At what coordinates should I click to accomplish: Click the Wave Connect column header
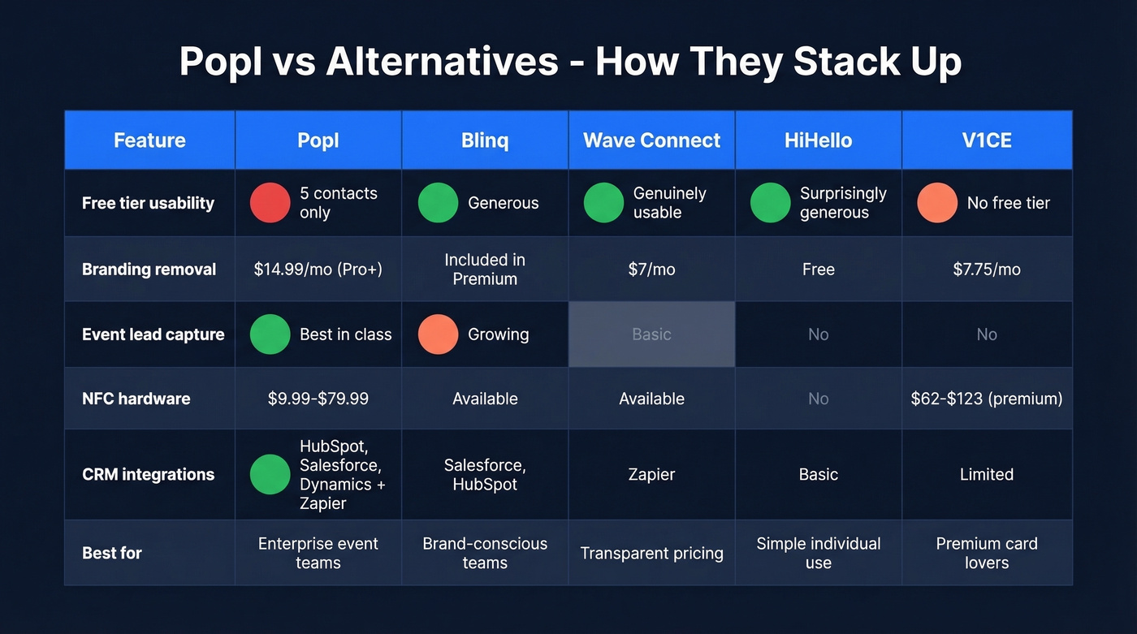pyautogui.click(x=651, y=140)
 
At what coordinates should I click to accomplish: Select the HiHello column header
pyautogui.click(x=818, y=140)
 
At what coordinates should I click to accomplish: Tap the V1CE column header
pyautogui.click(x=987, y=140)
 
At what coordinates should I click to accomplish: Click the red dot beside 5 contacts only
pyautogui.click(x=270, y=203)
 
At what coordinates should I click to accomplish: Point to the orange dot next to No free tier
pyautogui.click(x=937, y=203)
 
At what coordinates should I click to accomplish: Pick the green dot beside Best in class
pyautogui.click(x=270, y=334)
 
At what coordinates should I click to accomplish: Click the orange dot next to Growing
pyautogui.click(x=438, y=334)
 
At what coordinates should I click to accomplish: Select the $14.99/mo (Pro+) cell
pyautogui.click(x=318, y=270)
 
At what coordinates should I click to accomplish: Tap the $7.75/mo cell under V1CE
pyautogui.click(x=987, y=270)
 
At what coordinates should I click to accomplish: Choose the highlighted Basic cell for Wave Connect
pyautogui.click(x=651, y=334)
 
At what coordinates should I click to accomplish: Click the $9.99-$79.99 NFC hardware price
pyautogui.click(x=318, y=399)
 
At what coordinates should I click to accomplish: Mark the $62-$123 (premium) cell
pyautogui.click(x=987, y=399)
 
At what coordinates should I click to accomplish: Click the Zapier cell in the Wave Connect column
pyautogui.click(x=651, y=475)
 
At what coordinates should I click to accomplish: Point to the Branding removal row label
pyautogui.click(x=149, y=270)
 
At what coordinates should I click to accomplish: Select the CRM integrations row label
pyautogui.click(x=148, y=475)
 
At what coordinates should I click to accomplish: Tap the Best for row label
pyautogui.click(x=112, y=553)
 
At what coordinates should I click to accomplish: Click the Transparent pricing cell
pyautogui.click(x=651, y=554)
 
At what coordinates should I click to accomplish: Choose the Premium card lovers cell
pyautogui.click(x=987, y=553)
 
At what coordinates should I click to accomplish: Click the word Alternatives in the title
pyautogui.click(x=442, y=63)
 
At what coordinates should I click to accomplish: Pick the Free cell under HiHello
pyautogui.click(x=818, y=270)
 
